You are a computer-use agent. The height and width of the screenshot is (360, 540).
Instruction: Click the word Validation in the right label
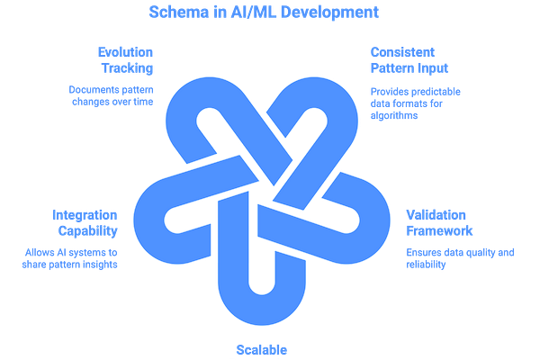pos(436,213)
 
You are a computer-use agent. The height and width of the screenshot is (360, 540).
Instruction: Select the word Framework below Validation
pos(436,229)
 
